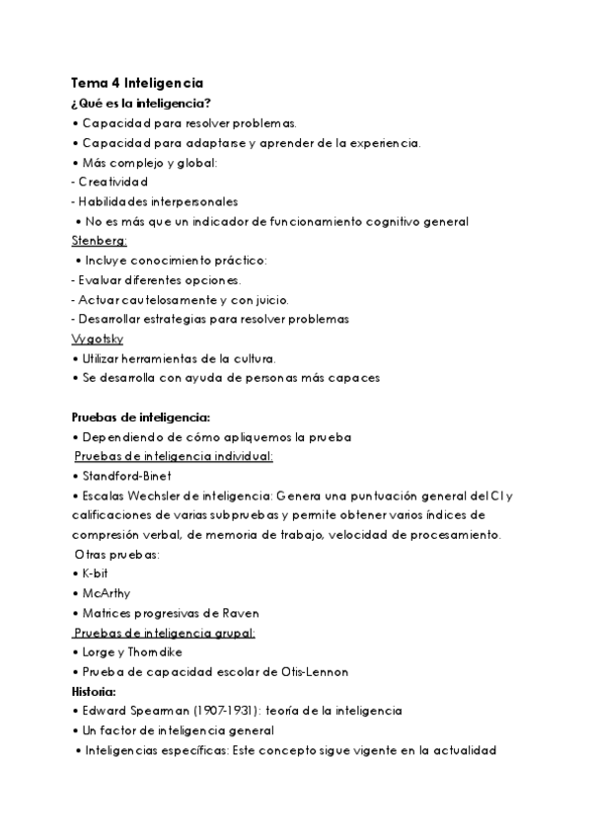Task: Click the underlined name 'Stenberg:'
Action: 100,240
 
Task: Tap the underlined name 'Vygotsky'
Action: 98,338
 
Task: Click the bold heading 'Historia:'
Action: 100,691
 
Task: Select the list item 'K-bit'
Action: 98,573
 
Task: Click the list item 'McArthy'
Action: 109,593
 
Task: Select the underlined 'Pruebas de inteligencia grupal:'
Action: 165,633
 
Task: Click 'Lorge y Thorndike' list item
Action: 130,652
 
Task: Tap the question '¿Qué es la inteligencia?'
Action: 141,104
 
